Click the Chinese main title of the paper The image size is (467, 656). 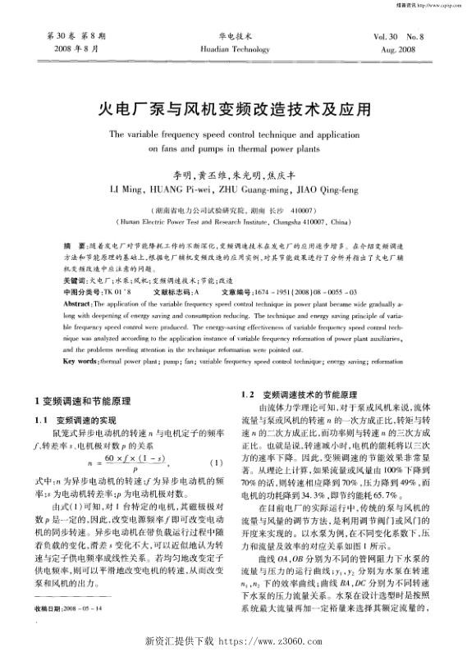(x=233, y=107)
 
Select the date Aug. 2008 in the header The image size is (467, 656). (x=408, y=49)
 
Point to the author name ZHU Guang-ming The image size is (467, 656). (x=255, y=190)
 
